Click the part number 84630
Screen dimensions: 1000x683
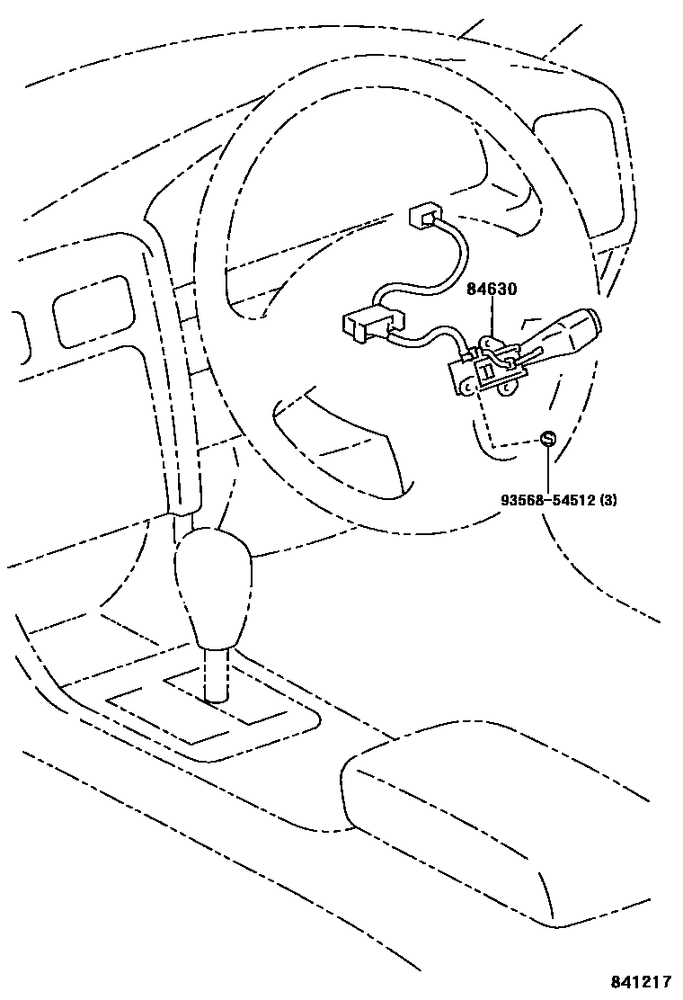(491, 290)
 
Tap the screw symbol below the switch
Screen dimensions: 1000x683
(547, 439)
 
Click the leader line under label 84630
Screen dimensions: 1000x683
(492, 318)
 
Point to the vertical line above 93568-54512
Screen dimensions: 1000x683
(547, 468)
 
